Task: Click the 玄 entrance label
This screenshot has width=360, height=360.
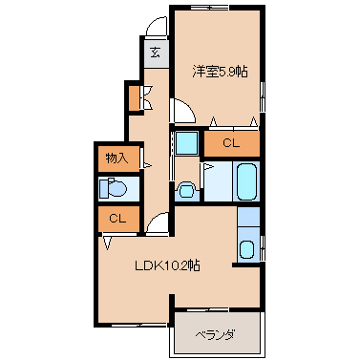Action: pyautogui.click(x=155, y=53)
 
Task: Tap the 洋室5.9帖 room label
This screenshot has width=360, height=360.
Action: pyautogui.click(x=220, y=72)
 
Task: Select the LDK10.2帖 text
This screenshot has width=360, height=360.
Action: pyautogui.click(x=167, y=265)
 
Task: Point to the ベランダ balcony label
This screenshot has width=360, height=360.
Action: pyautogui.click(x=216, y=335)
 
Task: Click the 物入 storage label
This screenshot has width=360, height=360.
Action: pyautogui.click(x=116, y=159)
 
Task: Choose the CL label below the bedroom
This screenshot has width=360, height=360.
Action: pyautogui.click(x=231, y=143)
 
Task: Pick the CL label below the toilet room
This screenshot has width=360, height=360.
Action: pyautogui.click(x=117, y=219)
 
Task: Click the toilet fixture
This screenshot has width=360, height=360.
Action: pyautogui.click(x=113, y=188)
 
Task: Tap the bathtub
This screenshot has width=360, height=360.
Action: pyautogui.click(x=246, y=181)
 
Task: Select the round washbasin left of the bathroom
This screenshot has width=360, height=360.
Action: pyautogui.click(x=186, y=190)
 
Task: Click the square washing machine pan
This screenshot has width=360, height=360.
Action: pyautogui.click(x=186, y=143)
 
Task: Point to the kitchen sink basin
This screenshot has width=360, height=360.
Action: pyautogui.click(x=246, y=249)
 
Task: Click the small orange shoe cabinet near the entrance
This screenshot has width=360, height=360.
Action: pyautogui.click(x=134, y=97)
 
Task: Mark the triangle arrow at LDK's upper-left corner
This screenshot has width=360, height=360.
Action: pyautogui.click(x=108, y=243)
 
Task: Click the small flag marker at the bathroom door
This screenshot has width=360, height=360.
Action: pyautogui.click(x=206, y=167)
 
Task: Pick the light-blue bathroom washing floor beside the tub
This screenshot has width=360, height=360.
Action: pyautogui.click(x=218, y=181)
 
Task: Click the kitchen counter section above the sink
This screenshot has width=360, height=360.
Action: pyautogui.click(x=248, y=217)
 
